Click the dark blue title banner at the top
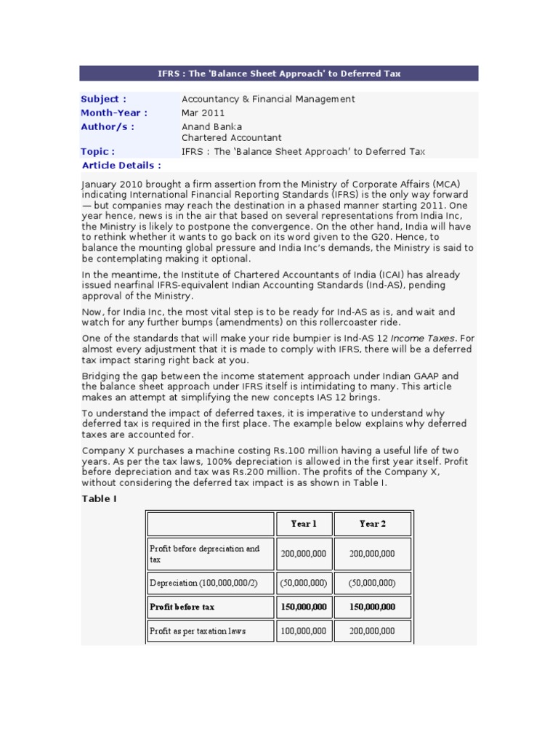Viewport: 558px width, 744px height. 279,73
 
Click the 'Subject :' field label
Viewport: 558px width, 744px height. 103,99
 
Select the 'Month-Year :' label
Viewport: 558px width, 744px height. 113,113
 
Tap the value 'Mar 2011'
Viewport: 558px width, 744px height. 203,113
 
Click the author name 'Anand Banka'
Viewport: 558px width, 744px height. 211,126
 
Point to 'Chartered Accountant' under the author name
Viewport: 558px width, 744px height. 231,138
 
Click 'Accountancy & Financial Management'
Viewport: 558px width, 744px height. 268,99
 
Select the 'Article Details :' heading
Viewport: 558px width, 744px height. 121,165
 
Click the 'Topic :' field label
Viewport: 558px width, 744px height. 97,151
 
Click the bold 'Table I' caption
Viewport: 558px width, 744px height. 99,498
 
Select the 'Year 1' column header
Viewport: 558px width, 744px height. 304,524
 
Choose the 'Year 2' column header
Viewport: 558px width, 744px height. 372,524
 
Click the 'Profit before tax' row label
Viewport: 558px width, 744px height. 182,607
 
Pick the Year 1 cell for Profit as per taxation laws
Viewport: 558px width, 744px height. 304,631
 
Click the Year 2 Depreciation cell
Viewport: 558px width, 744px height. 372,583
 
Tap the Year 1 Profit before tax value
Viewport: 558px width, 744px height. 304,607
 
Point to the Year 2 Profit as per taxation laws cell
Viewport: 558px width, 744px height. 372,631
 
